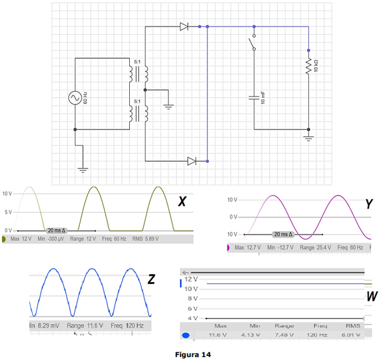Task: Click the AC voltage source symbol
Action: point(74,98)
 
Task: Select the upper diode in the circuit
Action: point(184,26)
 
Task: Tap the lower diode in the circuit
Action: point(192,161)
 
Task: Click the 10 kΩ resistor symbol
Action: point(308,66)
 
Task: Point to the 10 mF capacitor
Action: point(254,98)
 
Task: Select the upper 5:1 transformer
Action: point(138,73)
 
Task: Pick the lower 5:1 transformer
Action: point(138,112)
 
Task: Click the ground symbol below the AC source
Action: point(83,169)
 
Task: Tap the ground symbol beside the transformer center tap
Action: point(169,106)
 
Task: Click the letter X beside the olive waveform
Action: point(182,203)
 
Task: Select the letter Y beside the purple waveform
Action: point(369,205)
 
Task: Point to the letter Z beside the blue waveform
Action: point(151,279)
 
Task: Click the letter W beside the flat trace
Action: point(371,297)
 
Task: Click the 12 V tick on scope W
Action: point(191,279)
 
